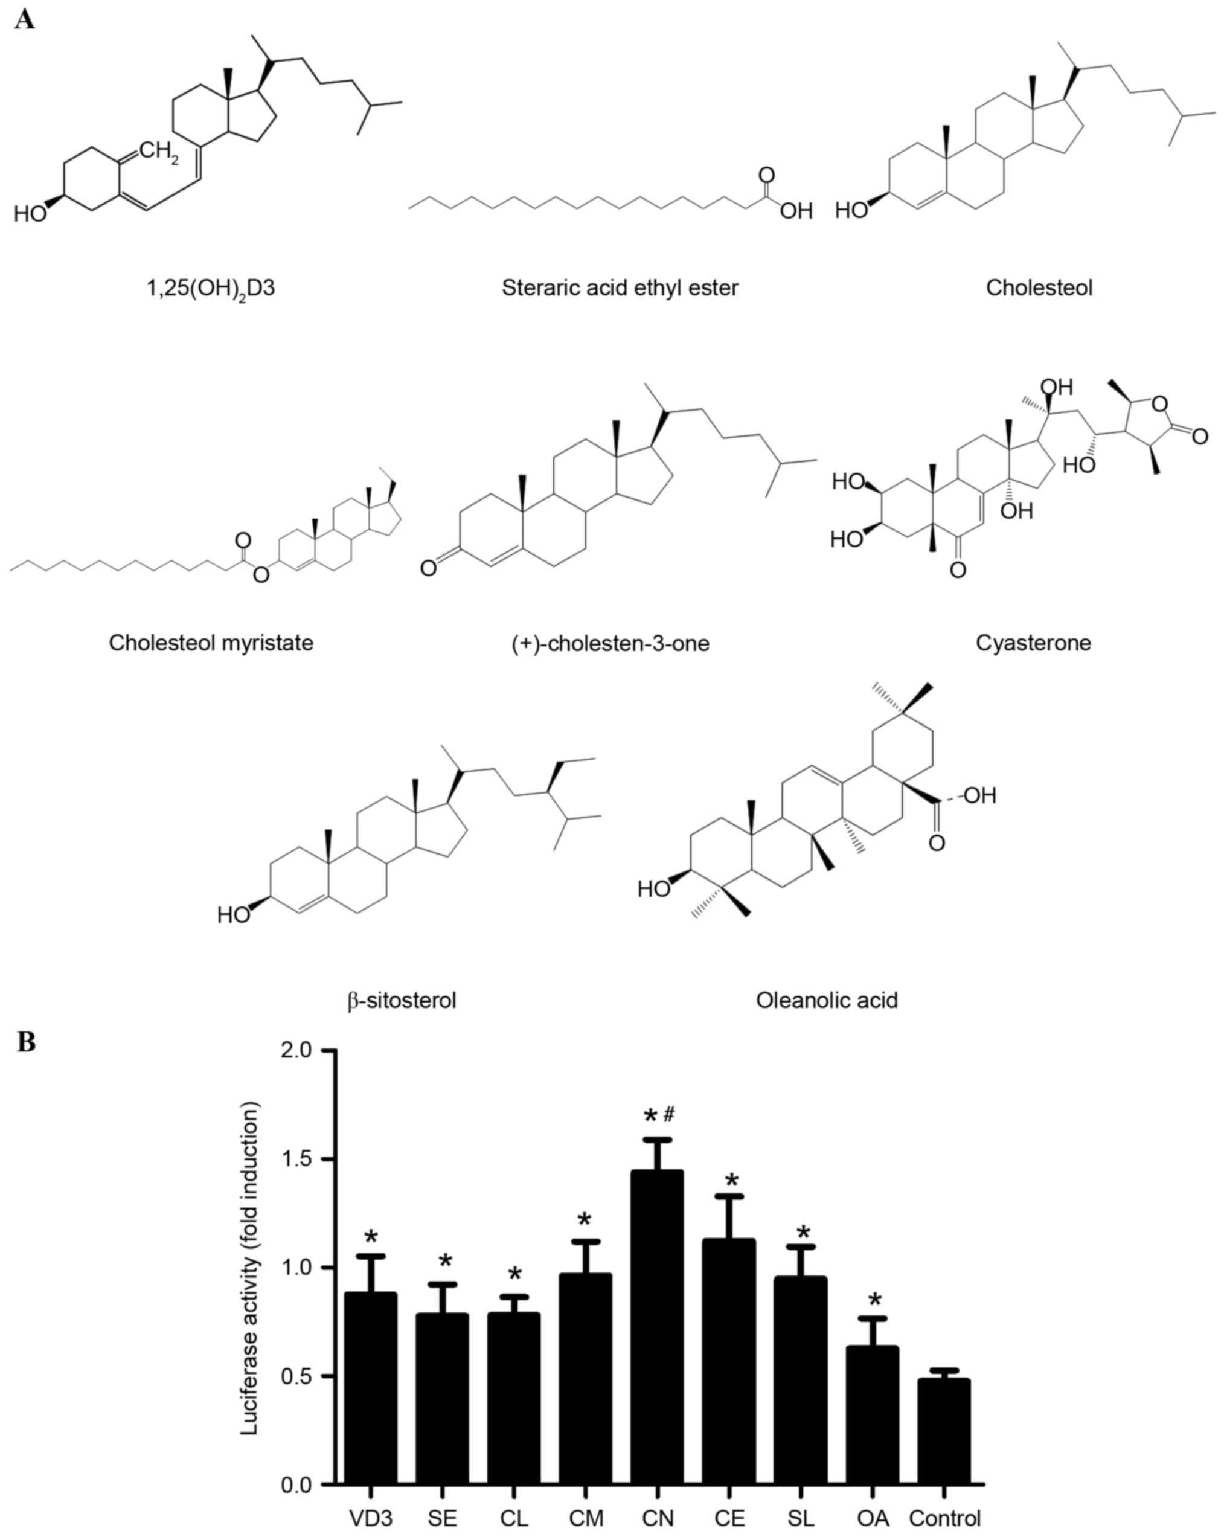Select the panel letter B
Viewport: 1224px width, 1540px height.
27,1043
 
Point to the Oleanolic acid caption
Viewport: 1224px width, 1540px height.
826,1001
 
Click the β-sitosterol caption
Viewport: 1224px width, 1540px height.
402,1001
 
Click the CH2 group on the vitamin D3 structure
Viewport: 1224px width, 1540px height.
159,152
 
